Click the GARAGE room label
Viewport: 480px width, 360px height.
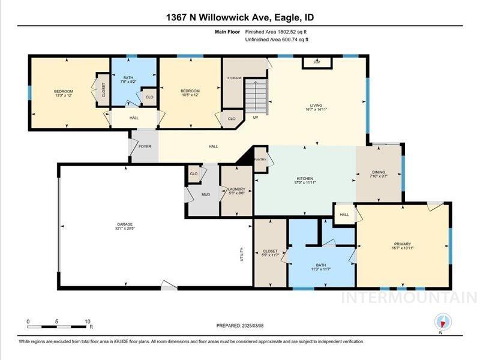pyautogui.click(x=124, y=225)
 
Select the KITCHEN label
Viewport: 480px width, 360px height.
pyautogui.click(x=305, y=179)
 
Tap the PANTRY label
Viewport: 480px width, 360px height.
pyautogui.click(x=260, y=160)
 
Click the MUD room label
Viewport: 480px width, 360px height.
pyautogui.click(x=205, y=195)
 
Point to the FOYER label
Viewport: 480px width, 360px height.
pyautogui.click(x=145, y=146)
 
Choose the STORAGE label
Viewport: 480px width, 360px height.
pyautogui.click(x=234, y=78)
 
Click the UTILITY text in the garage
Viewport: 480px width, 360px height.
pyautogui.click(x=242, y=254)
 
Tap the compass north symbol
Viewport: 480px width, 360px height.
pyautogui.click(x=441, y=320)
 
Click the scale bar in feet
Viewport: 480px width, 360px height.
pyautogui.click(x=59, y=326)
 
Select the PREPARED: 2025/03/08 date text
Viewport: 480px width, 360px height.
pyautogui.click(x=239, y=325)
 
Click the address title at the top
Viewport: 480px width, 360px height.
pyautogui.click(x=239, y=17)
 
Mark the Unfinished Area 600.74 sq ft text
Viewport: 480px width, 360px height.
pyautogui.click(x=277, y=40)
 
